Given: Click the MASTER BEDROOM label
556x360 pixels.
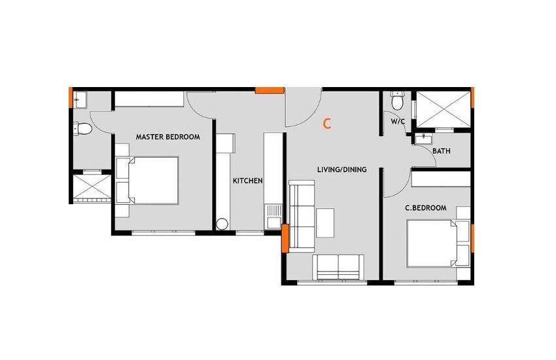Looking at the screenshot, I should pos(167,137).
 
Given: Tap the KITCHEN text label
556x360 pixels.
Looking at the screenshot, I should pos(248,181).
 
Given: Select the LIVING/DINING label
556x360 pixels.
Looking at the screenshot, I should pos(341,170).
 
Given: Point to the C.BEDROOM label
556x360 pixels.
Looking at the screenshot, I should pos(425,208).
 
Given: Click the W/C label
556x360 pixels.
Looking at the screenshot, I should pos(397,122).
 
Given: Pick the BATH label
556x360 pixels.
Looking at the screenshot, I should pos(442,151).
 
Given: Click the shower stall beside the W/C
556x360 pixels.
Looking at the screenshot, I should pos(443,108).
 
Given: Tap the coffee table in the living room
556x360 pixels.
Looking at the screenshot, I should pos(325,223).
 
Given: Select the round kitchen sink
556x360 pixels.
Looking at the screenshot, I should pos(222,225).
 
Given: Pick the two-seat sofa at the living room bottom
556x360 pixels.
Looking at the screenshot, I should pos(338,267).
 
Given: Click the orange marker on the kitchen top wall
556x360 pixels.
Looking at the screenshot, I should pos(269,90).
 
